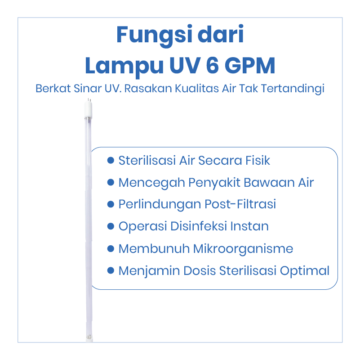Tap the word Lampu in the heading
(124, 67)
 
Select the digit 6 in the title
(213, 65)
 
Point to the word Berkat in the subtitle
(53, 89)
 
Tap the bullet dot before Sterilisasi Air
(111, 160)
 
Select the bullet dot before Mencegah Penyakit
(111, 182)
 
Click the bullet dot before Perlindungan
(111, 204)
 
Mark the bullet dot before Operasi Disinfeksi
(111, 226)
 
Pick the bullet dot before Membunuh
(111, 248)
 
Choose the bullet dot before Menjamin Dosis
(111, 270)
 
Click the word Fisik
(258, 160)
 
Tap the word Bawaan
(269, 183)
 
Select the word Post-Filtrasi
(240, 204)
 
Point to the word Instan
(249, 226)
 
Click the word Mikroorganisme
(243, 249)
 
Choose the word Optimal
(305, 271)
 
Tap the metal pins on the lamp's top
(89, 100)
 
